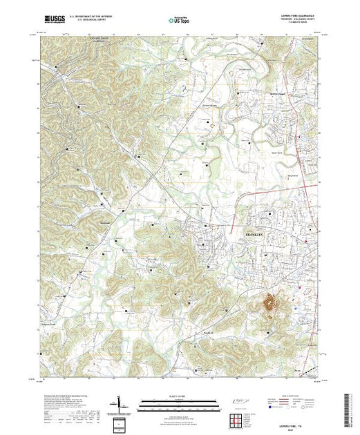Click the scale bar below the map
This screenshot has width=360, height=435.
pos(178,403)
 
